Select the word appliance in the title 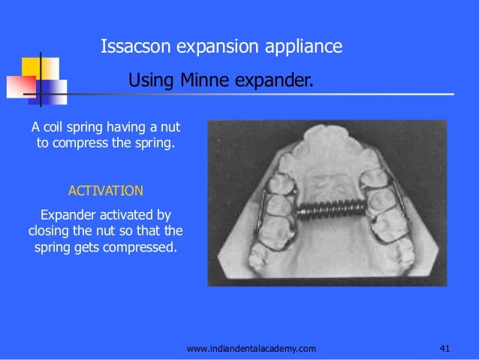pyautogui.click(x=303, y=47)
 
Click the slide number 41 pyautogui.click(x=444, y=348)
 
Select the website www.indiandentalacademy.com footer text pyautogui.click(x=252, y=348)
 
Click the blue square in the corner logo pyautogui.click(x=52, y=92)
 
